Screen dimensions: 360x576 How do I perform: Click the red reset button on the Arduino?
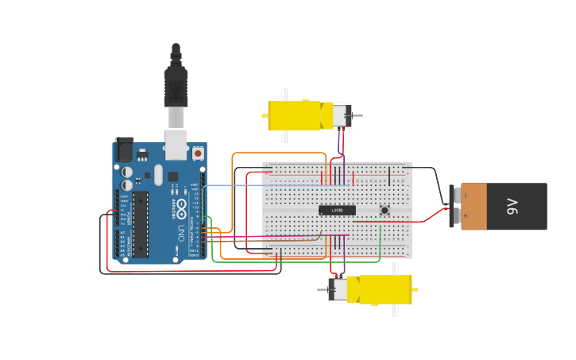click(x=198, y=152)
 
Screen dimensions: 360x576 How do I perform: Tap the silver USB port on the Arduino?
click(x=176, y=145)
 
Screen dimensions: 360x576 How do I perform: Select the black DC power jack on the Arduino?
click(x=124, y=149)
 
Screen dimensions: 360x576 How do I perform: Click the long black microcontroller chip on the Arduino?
click(x=140, y=223)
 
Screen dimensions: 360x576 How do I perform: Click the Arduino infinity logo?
click(x=181, y=209)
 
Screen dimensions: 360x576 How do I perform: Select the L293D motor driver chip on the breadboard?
click(x=337, y=210)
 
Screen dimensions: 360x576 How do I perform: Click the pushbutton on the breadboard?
click(x=385, y=211)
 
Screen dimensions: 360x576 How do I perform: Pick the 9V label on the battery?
click(x=512, y=207)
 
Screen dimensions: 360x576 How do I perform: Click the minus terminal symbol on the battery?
click(x=457, y=195)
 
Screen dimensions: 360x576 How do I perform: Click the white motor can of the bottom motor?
click(x=339, y=289)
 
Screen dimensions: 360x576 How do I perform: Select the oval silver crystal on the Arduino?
click(x=158, y=174)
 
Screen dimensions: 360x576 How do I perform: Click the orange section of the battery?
click(x=474, y=207)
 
